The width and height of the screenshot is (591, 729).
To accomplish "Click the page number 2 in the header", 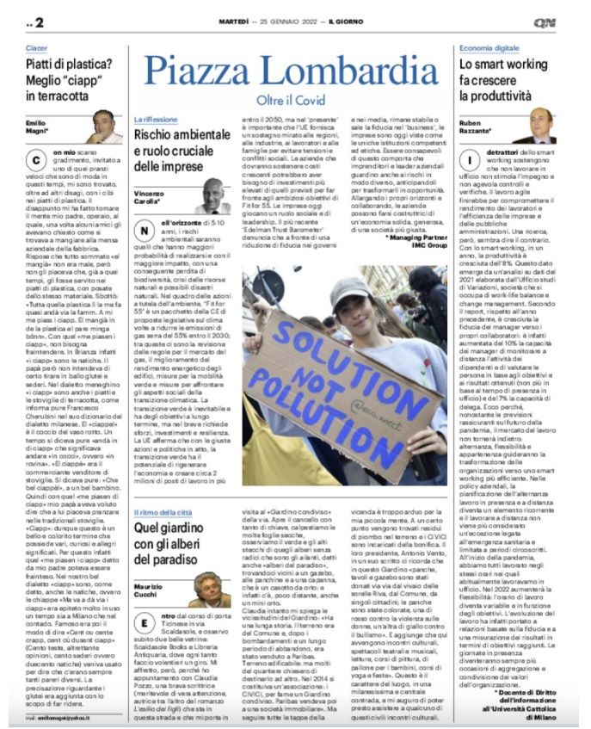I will click(39, 22).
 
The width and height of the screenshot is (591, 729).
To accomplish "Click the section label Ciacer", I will click(36, 49).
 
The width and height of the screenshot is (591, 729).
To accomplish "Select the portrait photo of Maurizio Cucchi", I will click(211, 589).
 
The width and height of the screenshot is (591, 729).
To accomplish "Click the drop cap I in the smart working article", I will click(468, 160).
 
